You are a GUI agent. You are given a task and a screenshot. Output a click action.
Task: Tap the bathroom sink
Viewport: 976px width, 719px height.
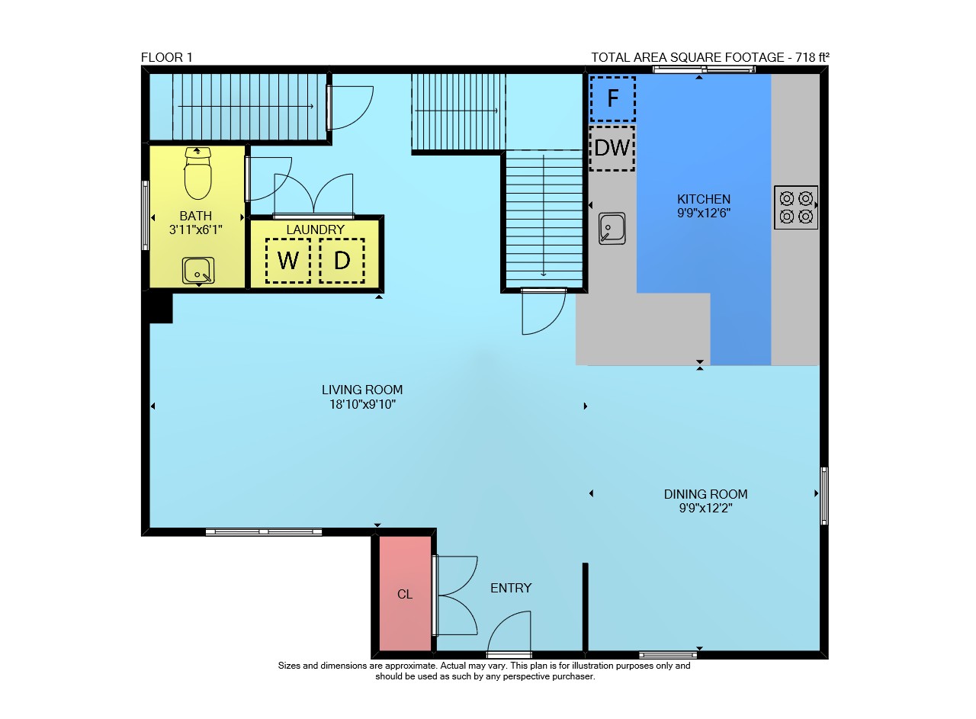click(x=198, y=271)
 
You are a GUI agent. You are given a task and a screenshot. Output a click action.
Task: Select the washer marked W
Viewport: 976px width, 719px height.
click(x=288, y=261)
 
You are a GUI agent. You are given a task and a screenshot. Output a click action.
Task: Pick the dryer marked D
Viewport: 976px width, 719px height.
click(x=342, y=261)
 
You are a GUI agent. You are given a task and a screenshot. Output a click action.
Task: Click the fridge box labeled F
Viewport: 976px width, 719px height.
click(x=612, y=99)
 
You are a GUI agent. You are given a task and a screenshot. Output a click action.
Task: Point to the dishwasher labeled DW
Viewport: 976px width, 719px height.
click(x=612, y=148)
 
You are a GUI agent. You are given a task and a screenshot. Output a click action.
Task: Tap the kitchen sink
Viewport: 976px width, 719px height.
click(x=612, y=228)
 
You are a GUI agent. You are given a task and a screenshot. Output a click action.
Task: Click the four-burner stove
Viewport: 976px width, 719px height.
click(x=795, y=207)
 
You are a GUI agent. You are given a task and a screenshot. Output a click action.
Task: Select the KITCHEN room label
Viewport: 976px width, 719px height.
click(x=704, y=199)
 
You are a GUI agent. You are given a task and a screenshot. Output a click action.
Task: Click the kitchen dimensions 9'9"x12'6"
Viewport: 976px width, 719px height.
click(x=704, y=213)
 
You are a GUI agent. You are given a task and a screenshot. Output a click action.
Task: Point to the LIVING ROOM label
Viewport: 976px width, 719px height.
click(x=362, y=390)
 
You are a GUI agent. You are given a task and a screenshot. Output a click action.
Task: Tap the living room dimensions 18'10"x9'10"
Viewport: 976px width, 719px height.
click(x=362, y=404)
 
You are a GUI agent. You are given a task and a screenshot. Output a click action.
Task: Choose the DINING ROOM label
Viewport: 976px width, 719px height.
click(x=705, y=494)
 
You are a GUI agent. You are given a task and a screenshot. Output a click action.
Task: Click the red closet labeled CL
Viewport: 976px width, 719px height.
click(x=405, y=593)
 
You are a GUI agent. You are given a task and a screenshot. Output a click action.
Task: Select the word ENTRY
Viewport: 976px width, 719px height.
click(x=511, y=588)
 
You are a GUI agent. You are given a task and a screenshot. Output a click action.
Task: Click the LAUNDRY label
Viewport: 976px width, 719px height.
click(x=315, y=230)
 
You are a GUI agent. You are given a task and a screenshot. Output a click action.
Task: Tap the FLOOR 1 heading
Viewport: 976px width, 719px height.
click(x=166, y=57)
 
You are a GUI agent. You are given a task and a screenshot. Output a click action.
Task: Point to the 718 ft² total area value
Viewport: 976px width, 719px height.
click(x=812, y=57)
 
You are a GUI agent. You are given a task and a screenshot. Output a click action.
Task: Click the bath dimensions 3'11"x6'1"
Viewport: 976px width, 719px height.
click(x=196, y=230)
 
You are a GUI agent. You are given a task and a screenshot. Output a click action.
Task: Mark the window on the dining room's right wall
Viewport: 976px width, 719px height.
click(x=824, y=496)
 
